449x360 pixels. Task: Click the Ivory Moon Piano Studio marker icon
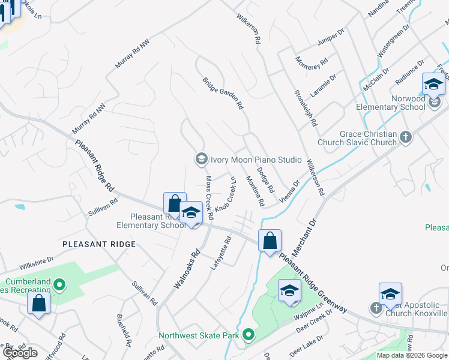[x=201, y=159]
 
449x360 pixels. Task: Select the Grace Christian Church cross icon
[x=406, y=137]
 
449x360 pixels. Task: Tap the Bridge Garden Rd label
[x=223, y=93]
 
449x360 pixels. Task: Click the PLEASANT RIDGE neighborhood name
[x=98, y=244]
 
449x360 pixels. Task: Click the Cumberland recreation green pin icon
[x=59, y=283]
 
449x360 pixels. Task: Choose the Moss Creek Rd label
[x=209, y=197]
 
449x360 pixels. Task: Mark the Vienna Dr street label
[x=289, y=193]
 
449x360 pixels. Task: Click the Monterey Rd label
[x=312, y=62]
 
